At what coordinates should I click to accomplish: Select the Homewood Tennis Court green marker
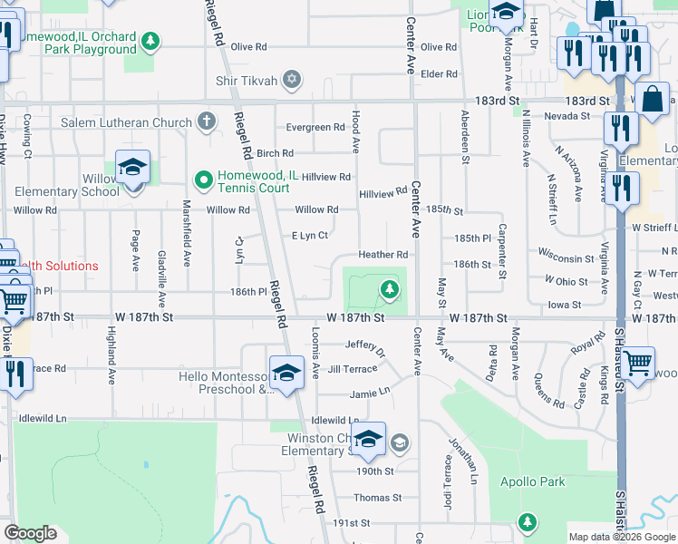click(204, 180)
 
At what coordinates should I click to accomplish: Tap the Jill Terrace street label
click(352, 369)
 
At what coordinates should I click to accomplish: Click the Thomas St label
click(377, 498)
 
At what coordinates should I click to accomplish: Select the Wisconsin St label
click(566, 257)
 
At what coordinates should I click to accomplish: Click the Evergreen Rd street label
click(315, 128)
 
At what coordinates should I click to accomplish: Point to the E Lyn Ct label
click(309, 236)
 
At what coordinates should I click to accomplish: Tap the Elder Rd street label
click(439, 73)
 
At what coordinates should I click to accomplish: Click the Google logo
click(31, 533)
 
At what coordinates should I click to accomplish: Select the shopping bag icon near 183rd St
click(652, 100)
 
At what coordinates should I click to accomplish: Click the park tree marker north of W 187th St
click(390, 289)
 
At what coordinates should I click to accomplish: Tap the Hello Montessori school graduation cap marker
click(286, 374)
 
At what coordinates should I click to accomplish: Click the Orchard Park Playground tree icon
click(150, 40)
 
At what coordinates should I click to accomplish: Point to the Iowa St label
click(564, 305)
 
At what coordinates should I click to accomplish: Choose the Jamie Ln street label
click(371, 393)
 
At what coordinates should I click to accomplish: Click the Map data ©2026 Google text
click(621, 537)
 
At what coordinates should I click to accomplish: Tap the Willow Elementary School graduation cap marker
click(132, 168)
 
